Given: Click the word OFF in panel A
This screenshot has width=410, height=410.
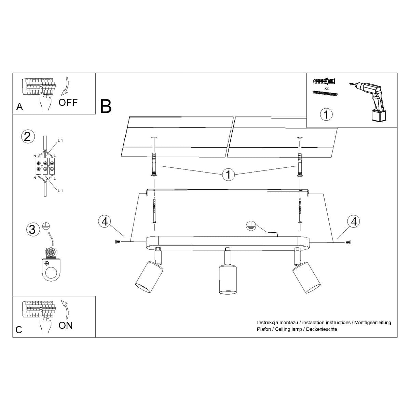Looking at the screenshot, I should [68, 102].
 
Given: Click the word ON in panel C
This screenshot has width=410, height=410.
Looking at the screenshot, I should [66, 325].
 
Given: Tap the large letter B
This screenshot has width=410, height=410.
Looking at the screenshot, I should [106, 106].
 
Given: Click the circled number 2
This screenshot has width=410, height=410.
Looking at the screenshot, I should [28, 137].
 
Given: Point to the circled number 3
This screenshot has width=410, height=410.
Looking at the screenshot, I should [32, 229].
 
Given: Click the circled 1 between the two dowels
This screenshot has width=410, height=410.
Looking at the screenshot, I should [228, 175].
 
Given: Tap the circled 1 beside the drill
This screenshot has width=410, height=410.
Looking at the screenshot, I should [326, 114].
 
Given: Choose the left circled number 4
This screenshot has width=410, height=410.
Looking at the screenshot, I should [105, 221].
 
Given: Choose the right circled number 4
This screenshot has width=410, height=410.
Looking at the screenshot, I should [354, 221].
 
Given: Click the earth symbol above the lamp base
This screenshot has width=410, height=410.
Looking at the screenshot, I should [251, 225].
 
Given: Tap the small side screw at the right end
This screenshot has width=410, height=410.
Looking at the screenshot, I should [348, 242].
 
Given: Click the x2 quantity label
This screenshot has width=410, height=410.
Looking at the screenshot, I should [326, 88].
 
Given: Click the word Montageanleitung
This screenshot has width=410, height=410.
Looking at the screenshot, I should [372, 322].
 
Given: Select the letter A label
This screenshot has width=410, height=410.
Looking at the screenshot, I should [19, 107].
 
